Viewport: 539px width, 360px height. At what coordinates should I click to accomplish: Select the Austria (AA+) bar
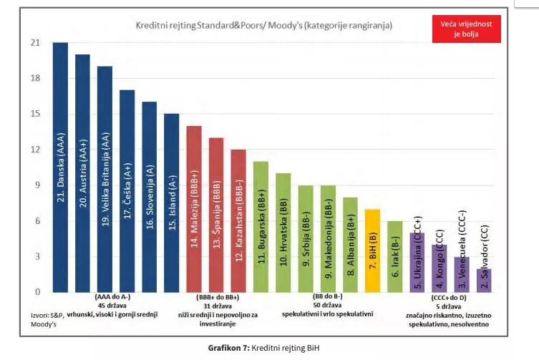(x=82, y=172)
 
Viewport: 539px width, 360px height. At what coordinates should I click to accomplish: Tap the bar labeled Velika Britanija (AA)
(x=105, y=179)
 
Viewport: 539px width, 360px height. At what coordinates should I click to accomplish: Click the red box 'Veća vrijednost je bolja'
(x=466, y=29)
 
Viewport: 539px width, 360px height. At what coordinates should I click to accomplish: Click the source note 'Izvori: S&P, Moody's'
(x=47, y=318)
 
